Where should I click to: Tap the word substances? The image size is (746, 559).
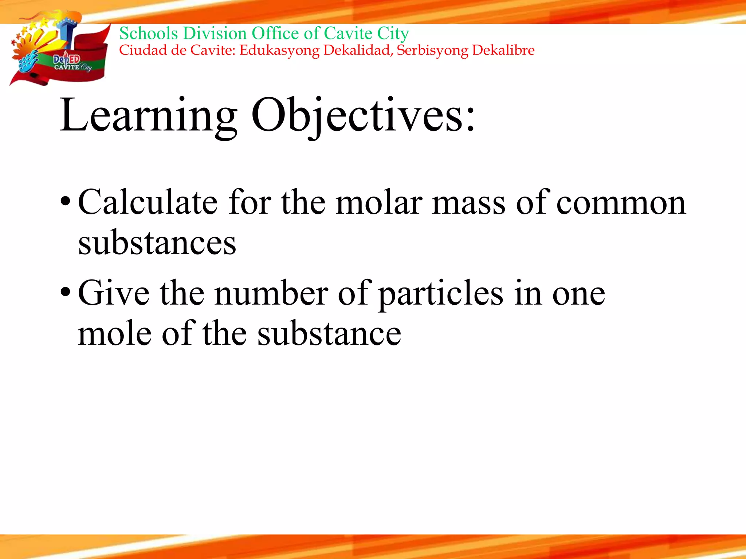point(157,243)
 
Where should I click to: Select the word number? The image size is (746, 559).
point(271,293)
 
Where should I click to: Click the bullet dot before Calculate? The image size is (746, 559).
point(66,201)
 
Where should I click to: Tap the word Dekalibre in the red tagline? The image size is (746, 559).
point(503,50)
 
